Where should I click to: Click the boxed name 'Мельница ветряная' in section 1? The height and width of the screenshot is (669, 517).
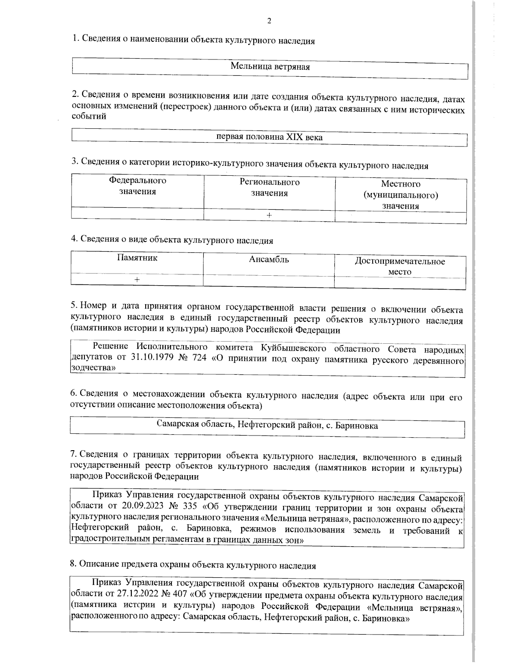[x=270, y=67]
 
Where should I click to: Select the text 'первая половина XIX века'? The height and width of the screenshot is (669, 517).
[x=269, y=137]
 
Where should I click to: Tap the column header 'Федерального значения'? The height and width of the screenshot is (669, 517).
[x=137, y=186]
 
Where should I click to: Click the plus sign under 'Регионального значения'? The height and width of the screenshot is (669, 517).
[x=269, y=215]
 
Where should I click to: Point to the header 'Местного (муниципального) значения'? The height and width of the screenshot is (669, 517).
[x=401, y=195]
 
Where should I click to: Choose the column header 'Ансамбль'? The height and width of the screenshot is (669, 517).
[x=269, y=259]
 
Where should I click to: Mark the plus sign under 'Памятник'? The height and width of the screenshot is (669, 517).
[x=137, y=280]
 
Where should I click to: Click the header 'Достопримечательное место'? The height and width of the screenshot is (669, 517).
[x=400, y=266]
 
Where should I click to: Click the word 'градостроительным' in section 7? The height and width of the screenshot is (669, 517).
[x=110, y=541]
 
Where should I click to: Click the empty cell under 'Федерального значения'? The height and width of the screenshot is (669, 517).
[x=137, y=214]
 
